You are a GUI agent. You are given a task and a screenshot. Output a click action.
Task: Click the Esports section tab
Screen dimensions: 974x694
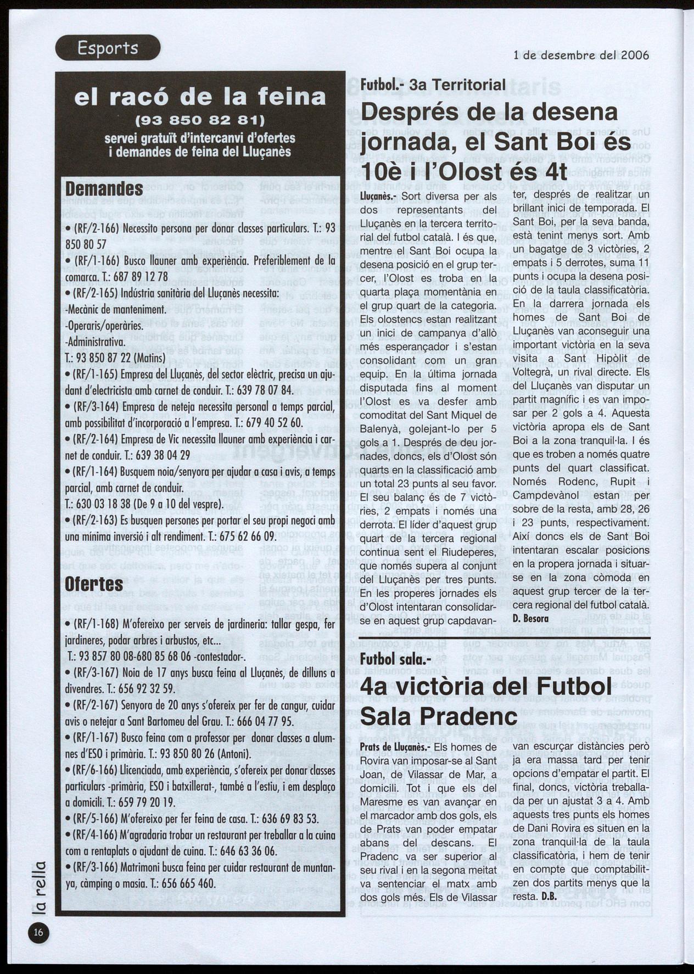pyautogui.click(x=108, y=48)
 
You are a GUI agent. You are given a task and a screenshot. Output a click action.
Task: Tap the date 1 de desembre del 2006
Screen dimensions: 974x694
pyautogui.click(x=581, y=55)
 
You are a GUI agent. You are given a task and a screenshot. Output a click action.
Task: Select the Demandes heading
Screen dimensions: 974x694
pyautogui.click(x=104, y=189)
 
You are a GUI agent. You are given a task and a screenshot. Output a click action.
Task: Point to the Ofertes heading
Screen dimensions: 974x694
pyautogui.click(x=94, y=583)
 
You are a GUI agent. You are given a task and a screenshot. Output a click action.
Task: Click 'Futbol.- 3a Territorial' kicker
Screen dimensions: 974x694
pyautogui.click(x=433, y=85)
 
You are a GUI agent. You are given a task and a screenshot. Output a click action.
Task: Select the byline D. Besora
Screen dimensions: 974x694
pyautogui.click(x=530, y=619)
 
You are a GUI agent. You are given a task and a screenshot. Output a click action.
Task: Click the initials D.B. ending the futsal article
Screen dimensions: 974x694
pyautogui.click(x=549, y=897)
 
